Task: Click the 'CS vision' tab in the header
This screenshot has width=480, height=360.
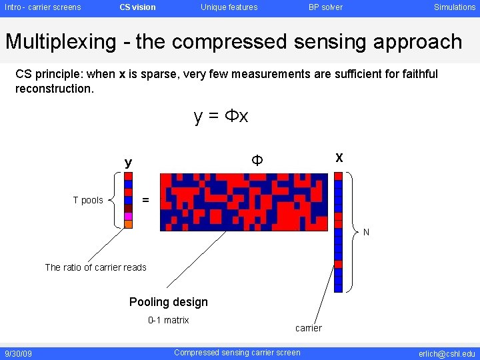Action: [137, 7]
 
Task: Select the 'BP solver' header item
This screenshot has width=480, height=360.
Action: [325, 7]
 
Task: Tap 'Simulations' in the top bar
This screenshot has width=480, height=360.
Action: [455, 7]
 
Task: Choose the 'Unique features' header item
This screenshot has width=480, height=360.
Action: [229, 7]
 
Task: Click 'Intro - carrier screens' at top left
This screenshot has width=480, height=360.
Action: [43, 7]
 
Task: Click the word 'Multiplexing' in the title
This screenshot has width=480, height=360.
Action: [61, 42]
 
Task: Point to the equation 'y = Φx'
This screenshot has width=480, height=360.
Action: [221, 117]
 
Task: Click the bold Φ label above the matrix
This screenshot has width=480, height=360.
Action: [256, 160]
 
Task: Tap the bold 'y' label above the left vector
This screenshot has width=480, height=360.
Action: [128, 162]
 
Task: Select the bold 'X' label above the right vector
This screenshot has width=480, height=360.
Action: [339, 159]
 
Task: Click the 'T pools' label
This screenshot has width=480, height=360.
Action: [88, 201]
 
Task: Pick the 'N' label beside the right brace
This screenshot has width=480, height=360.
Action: [366, 233]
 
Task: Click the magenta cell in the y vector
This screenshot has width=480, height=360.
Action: [128, 216]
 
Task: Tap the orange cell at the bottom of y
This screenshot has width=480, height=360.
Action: [128, 224]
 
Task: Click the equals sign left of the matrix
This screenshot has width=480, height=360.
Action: [145, 200]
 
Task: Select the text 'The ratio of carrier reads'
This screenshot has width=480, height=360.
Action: [95, 267]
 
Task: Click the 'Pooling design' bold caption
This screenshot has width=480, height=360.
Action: [168, 302]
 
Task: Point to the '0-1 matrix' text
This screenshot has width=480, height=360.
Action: [168, 320]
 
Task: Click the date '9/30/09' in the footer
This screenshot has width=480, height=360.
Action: [19, 353]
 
